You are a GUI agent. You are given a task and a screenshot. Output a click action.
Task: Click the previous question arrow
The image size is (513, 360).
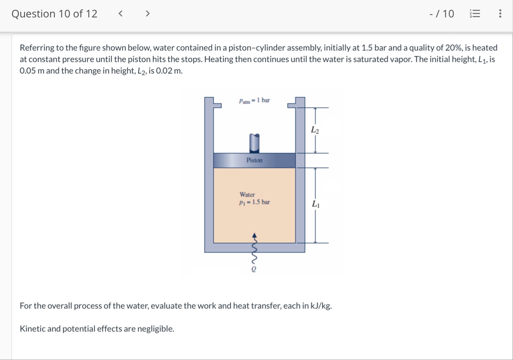click(121, 13)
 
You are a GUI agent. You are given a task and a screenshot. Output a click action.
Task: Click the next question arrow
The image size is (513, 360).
click(148, 13)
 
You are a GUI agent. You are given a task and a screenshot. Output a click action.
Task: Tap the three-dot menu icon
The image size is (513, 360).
click(500, 13)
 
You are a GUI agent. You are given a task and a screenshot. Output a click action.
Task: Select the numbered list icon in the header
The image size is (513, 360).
click(475, 13)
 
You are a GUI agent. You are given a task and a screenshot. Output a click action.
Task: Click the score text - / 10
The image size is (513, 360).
click(442, 14)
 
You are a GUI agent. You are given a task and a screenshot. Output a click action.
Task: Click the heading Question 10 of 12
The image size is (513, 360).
click(54, 14)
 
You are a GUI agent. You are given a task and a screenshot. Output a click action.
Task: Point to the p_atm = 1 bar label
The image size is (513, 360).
click(254, 100)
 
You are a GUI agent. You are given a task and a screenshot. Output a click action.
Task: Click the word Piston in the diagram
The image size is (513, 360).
click(254, 160)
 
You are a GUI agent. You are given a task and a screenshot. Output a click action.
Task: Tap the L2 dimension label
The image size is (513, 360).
click(315, 130)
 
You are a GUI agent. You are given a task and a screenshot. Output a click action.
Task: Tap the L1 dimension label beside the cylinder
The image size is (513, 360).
click(316, 204)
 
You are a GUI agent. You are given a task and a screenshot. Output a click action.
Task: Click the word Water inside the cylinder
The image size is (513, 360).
click(247, 194)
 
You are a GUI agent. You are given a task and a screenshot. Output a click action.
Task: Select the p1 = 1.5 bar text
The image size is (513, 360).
click(254, 202)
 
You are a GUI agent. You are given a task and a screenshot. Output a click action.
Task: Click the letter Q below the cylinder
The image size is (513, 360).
click(253, 269)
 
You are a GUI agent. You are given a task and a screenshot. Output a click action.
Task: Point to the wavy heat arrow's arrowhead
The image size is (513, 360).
click(254, 235)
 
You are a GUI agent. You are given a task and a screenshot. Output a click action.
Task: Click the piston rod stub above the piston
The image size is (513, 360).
click(254, 143)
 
